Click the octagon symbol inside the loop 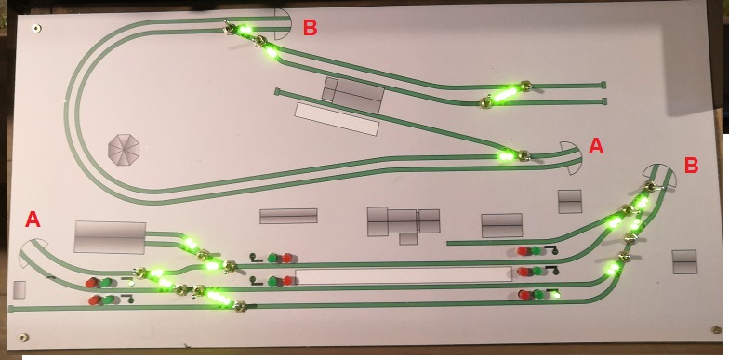click(125, 149)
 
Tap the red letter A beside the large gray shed click(33, 220)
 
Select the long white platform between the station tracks click(404, 275)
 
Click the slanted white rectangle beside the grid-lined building click(337, 119)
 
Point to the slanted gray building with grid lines click(353, 95)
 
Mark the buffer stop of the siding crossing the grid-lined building click(277, 92)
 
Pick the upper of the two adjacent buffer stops click(603, 86)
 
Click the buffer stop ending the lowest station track click(11, 309)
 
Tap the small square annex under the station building click(408, 238)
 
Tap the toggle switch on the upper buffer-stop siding click(526, 86)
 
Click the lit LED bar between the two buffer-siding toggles click(505, 95)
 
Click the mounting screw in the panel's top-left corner click(35, 28)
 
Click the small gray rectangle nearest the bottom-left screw click(20, 290)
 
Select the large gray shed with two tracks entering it click(110, 237)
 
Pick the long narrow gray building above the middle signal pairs click(288, 216)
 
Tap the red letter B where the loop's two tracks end click(311, 28)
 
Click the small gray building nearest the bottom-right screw click(684, 262)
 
